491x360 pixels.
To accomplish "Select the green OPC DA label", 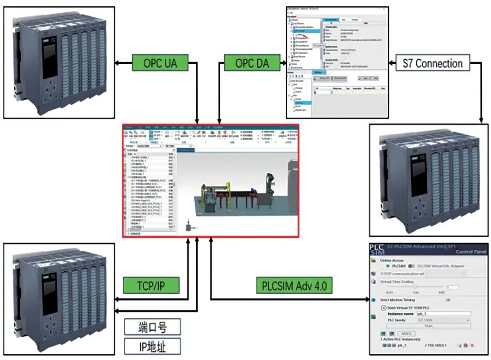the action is [252, 63].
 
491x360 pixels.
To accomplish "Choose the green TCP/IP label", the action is [151, 286].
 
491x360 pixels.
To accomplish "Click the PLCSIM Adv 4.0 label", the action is [291, 286].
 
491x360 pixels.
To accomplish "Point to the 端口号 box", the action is [152, 327].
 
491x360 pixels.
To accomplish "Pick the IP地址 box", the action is [152, 346].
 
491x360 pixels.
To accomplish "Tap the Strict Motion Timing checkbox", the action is [448, 300].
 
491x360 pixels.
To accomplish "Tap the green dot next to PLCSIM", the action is [387, 266].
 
